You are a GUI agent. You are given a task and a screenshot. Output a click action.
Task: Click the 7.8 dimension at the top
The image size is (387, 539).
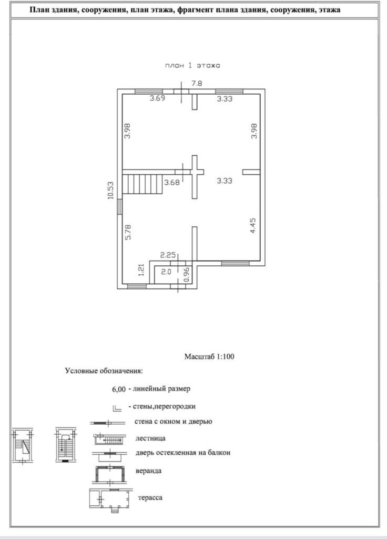point(197,83)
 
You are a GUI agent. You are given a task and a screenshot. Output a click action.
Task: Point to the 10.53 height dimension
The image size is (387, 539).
point(110,190)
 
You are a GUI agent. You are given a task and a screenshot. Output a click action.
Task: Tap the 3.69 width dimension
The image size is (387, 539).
point(157,98)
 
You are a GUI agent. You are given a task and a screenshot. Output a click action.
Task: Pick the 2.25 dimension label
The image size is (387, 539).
point(167,255)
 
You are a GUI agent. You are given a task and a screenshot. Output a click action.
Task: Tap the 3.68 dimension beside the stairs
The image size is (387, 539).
point(172,183)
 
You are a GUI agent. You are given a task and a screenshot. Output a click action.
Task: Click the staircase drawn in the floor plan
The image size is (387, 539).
point(142,184)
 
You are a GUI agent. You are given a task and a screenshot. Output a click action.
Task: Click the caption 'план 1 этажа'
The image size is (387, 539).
point(191,66)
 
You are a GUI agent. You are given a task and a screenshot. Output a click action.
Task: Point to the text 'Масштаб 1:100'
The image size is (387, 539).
point(209,356)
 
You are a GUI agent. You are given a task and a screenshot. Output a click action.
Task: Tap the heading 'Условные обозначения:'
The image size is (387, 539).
point(104,371)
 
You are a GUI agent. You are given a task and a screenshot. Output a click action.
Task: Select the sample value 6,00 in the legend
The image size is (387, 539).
point(119,390)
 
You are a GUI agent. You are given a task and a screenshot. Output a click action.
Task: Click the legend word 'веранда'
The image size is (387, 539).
point(148,471)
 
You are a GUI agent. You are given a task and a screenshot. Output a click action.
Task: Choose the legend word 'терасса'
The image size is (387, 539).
point(150,497)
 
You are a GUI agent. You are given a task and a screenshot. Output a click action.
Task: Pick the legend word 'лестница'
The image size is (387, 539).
point(150,438)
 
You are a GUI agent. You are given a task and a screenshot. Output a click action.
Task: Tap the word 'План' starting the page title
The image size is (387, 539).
point(40,9)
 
